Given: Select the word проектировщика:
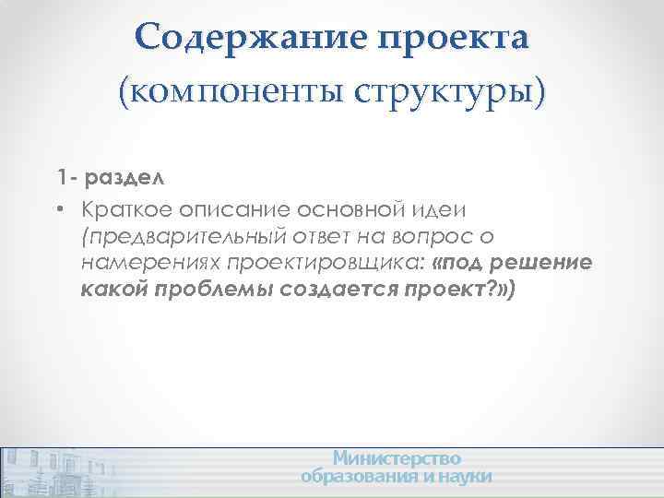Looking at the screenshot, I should pos(321,265).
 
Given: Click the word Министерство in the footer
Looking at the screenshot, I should pos(397,458).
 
